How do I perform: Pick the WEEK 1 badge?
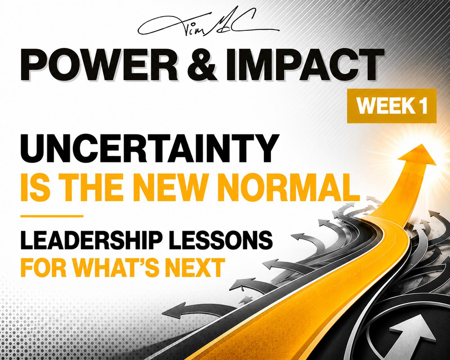(392, 106)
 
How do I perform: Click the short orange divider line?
(52, 216)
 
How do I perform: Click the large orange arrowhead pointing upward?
(416, 156)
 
